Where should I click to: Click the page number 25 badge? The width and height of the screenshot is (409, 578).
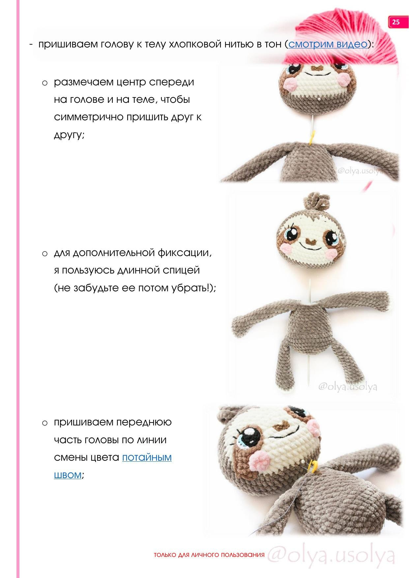(x=396, y=22)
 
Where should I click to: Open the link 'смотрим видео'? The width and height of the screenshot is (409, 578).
(x=328, y=44)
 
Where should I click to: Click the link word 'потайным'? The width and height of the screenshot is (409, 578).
(x=147, y=457)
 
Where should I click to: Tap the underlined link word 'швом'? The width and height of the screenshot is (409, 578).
(x=68, y=475)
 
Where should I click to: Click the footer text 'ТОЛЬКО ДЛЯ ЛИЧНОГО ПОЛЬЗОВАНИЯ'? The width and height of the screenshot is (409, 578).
(x=209, y=555)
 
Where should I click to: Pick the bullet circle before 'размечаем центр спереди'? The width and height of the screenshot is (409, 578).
(x=45, y=83)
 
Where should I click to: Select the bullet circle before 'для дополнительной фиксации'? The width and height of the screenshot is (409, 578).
(x=45, y=253)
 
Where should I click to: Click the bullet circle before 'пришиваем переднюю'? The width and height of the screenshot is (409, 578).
(x=45, y=423)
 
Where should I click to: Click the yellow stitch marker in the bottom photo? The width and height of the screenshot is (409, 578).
(x=313, y=466)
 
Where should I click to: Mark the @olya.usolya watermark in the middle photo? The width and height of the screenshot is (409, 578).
(x=347, y=387)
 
